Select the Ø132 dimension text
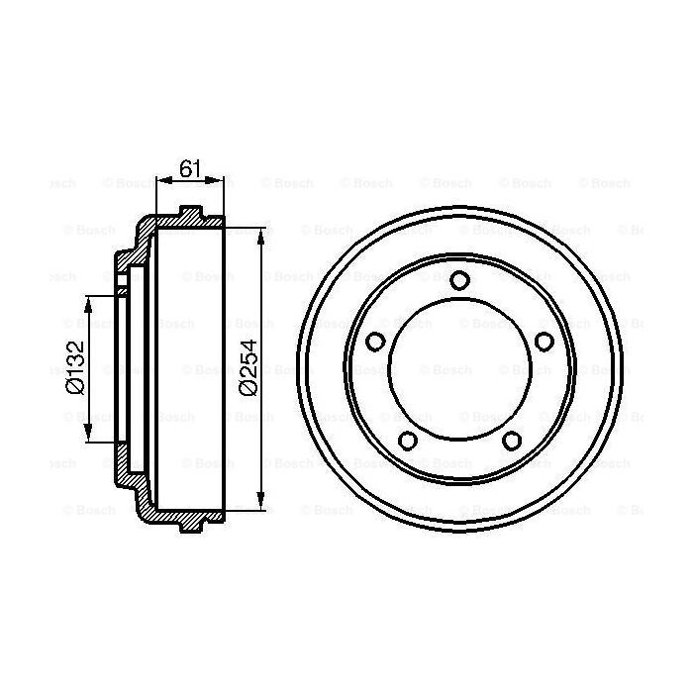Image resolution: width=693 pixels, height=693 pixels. pos(73,368)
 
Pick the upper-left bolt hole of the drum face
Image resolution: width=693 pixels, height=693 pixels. pos(375,343)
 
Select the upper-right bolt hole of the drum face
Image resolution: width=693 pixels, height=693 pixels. pos(543,343)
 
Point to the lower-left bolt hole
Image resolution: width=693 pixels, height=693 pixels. pos(407,441)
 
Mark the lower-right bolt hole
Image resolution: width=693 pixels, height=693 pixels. pos(511,441)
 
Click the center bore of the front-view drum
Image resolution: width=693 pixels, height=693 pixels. pos(458,369)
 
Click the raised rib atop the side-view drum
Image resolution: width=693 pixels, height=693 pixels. pos(190,211)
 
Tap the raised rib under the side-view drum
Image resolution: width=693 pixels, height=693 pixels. pos(190,526)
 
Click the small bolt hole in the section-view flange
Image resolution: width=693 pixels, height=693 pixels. pos(122,291)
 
